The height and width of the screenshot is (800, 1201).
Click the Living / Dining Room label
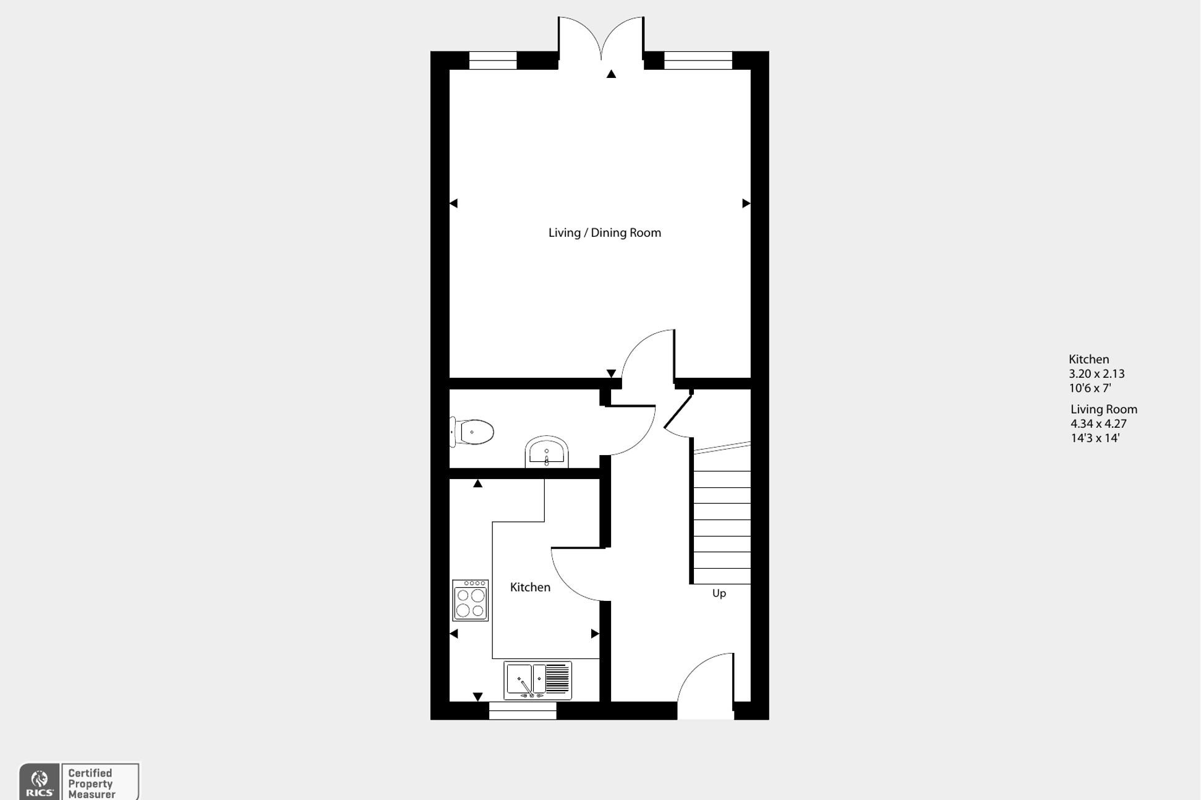(x=604, y=233)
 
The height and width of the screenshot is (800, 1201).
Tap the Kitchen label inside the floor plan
(x=530, y=587)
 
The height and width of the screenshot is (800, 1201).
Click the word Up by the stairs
(x=719, y=594)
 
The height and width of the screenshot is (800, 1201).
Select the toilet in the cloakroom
(x=472, y=432)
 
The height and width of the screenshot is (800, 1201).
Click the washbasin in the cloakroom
(x=547, y=453)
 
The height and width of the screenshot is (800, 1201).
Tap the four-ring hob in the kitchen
(x=470, y=600)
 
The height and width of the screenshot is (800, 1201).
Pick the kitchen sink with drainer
(x=537, y=680)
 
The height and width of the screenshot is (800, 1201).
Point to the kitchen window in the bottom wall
(x=523, y=711)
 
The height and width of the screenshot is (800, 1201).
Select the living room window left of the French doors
(x=493, y=61)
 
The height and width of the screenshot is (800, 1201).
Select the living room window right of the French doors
(x=698, y=61)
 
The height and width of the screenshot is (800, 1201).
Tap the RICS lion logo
(x=40, y=781)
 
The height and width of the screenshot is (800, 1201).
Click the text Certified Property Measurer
(x=92, y=783)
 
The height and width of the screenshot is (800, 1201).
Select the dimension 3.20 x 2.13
(x=1096, y=374)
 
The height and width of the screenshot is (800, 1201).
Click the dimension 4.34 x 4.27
(x=1098, y=424)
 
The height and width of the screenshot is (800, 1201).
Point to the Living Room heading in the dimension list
(x=1104, y=409)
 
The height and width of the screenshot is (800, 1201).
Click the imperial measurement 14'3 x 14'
(x=1095, y=438)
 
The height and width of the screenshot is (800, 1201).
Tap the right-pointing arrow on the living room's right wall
(x=746, y=203)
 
